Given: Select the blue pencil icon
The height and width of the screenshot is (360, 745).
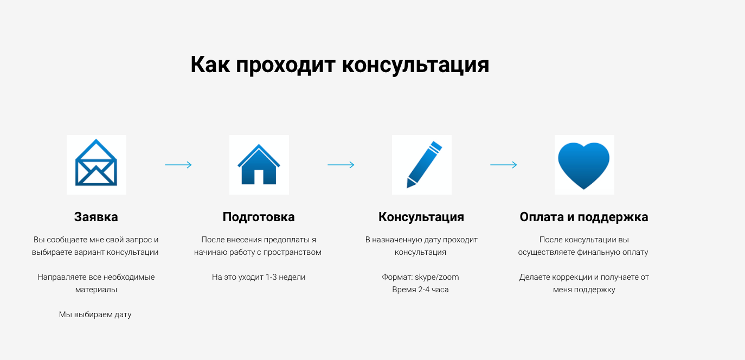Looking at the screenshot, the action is point(424,165).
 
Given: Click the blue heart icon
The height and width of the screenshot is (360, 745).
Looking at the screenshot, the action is point(584,165).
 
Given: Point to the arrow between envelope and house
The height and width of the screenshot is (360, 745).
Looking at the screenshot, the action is point(178,165).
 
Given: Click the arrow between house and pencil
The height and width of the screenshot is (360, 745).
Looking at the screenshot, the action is point(341,165).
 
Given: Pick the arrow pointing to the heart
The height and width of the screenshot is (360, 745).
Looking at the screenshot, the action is point(504,165).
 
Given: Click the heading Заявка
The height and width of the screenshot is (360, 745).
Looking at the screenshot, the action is point(96,217).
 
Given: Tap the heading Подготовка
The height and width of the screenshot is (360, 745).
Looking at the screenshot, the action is point(259,217).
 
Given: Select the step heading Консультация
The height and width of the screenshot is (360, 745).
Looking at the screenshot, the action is point(421,217).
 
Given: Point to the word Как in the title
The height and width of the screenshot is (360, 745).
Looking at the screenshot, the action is point(210,65).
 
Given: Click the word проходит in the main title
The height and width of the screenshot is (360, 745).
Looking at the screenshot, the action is point(285,65).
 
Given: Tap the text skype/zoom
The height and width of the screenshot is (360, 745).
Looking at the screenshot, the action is point(436,277).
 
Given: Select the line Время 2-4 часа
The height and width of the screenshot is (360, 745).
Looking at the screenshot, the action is point(420,290).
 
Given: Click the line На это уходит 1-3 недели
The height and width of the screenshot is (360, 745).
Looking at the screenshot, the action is point(259,277).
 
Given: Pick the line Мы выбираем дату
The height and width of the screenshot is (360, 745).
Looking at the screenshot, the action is point(95,314).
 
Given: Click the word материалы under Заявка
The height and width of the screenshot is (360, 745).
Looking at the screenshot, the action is point(96,290).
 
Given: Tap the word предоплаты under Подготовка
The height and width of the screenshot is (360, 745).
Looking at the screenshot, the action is point(286,240).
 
